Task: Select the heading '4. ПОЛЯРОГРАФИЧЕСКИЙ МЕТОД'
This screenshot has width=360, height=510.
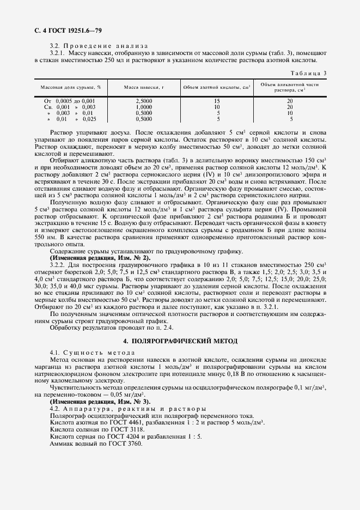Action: point(180,341)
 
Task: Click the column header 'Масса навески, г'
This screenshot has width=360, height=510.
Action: point(144,87)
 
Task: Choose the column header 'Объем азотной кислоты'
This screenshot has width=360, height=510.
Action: point(216,87)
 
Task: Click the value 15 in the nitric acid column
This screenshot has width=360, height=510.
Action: point(217,101)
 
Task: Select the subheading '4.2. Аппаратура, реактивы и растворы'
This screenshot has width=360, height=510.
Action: point(127,409)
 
